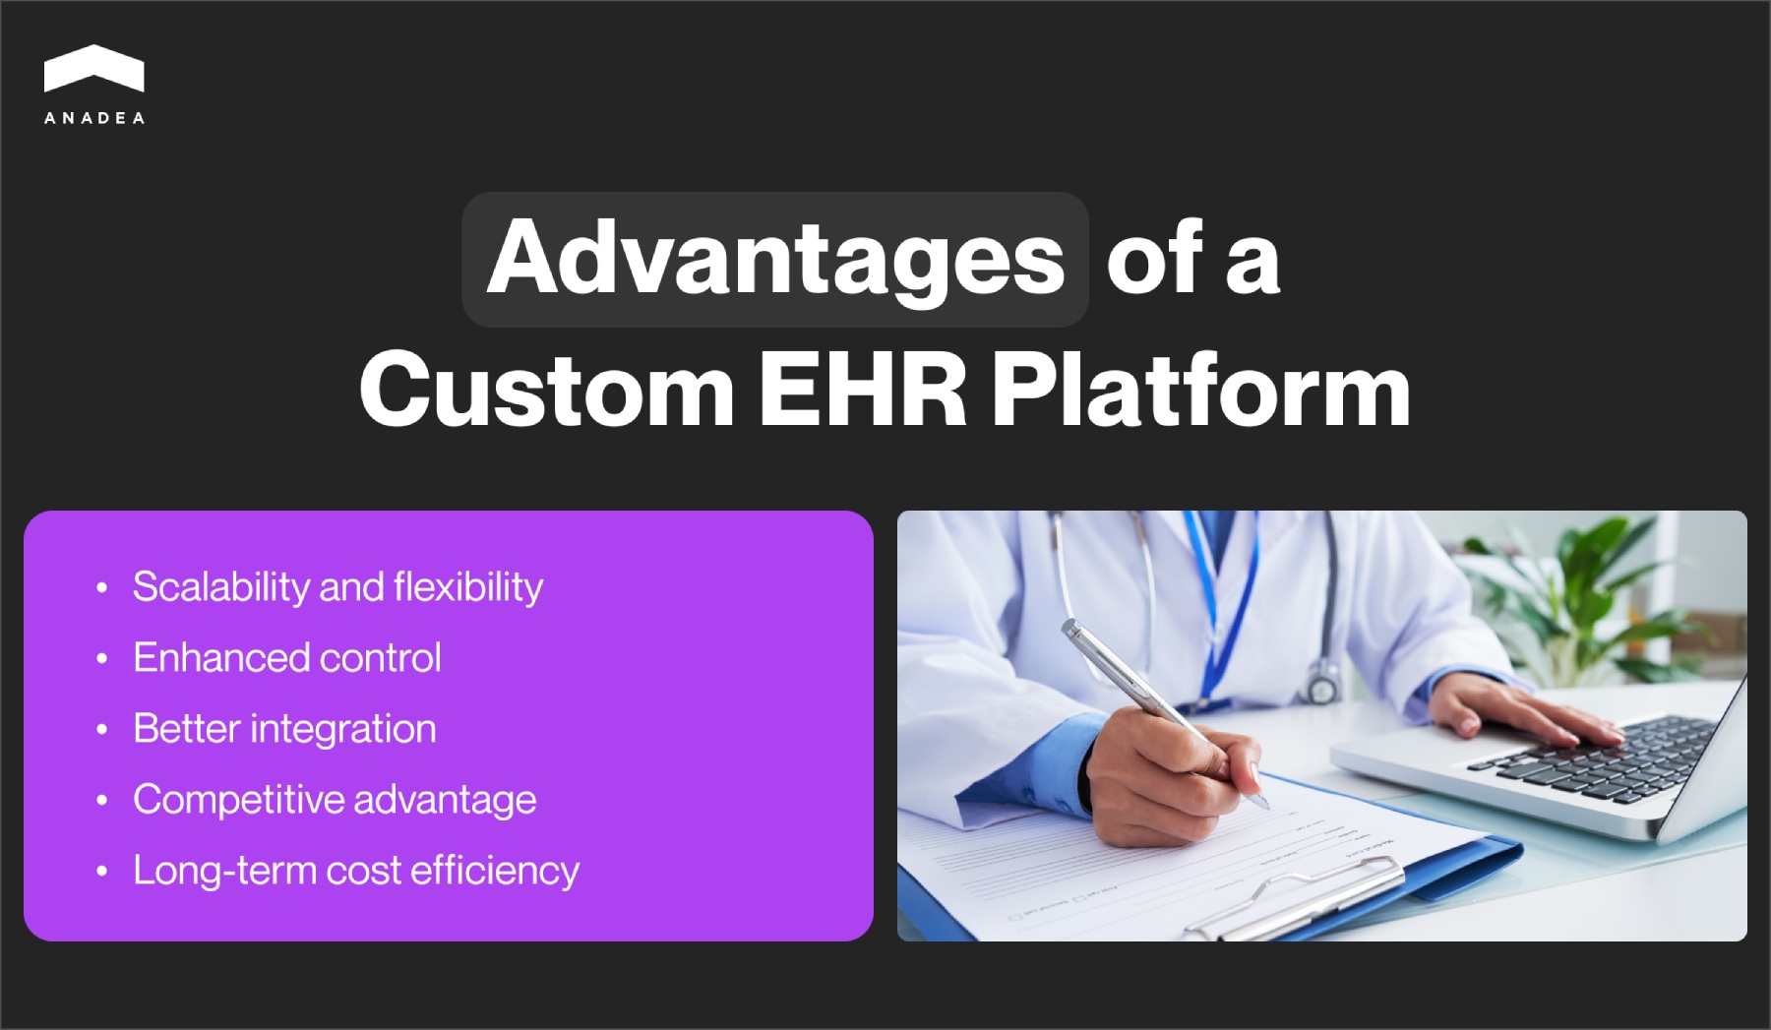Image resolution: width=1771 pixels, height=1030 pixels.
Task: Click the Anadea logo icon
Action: [x=94, y=69]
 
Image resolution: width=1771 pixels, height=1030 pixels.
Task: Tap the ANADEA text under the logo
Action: [x=94, y=118]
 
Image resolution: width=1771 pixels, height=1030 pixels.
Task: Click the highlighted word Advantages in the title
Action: [x=775, y=259]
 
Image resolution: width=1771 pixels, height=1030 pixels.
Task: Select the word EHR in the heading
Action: [x=862, y=390]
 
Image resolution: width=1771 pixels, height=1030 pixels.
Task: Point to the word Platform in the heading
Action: [x=1200, y=390]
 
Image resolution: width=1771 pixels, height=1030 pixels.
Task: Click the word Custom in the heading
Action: [x=547, y=390]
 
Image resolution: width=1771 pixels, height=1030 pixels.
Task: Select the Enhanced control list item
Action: [x=287, y=658]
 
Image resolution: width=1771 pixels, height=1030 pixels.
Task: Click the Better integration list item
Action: [x=284, y=729]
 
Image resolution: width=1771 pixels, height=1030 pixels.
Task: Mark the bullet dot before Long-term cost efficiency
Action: [x=101, y=872]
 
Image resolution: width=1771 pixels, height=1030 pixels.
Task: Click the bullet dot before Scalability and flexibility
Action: [x=101, y=588]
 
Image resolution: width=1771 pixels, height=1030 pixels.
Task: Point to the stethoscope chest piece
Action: [x=1321, y=681]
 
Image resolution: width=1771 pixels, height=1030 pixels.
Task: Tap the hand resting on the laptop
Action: [x=1515, y=708]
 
